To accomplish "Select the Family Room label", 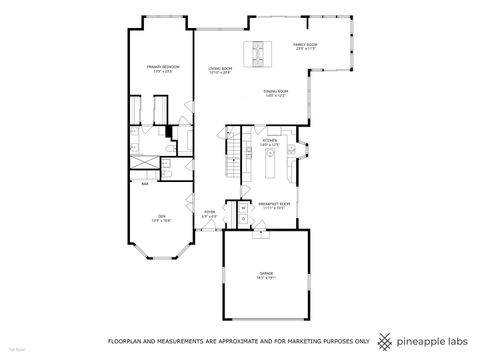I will [x=305, y=45].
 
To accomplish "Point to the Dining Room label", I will [x=276, y=92].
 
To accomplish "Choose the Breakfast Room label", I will [x=272, y=204].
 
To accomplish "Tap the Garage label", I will [x=268, y=272].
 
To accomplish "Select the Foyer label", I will [x=210, y=212].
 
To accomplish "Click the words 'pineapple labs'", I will [x=434, y=338].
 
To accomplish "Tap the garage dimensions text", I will [x=268, y=277].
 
